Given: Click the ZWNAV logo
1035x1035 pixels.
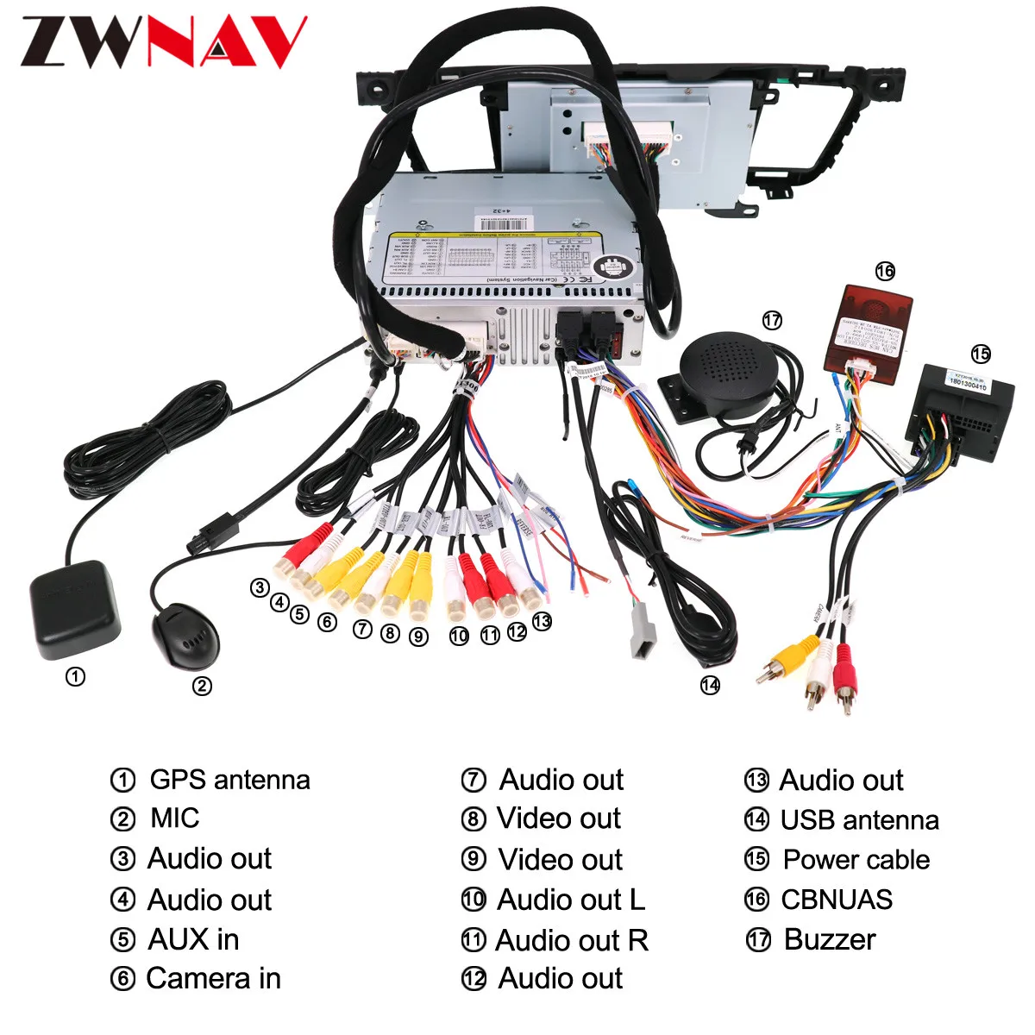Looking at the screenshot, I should click(x=164, y=41).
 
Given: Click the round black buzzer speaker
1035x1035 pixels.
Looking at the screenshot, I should click(x=729, y=367).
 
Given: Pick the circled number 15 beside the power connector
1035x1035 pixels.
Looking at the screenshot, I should click(x=981, y=354).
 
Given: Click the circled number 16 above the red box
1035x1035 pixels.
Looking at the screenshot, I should click(x=885, y=272).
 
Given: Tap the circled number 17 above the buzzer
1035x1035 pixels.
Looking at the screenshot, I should click(x=772, y=320).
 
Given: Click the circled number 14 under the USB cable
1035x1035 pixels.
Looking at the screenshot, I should click(x=710, y=685).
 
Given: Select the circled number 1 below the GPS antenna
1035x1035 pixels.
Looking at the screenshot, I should click(x=75, y=677).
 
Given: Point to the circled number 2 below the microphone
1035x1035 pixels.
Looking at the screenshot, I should click(x=201, y=686).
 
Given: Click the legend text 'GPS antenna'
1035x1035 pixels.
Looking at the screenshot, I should click(x=229, y=780).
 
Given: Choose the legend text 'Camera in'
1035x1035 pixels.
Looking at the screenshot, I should click(x=213, y=978).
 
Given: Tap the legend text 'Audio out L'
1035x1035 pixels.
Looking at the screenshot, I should click(x=571, y=900).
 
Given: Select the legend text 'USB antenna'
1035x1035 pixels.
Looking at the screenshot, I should click(x=859, y=819).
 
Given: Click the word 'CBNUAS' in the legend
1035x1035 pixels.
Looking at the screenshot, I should click(x=837, y=900).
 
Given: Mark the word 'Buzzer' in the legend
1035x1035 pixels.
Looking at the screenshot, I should click(x=830, y=939).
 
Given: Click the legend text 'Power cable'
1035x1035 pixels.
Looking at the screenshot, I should click(x=856, y=859).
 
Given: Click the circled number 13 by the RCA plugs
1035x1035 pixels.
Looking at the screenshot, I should click(x=542, y=621).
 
